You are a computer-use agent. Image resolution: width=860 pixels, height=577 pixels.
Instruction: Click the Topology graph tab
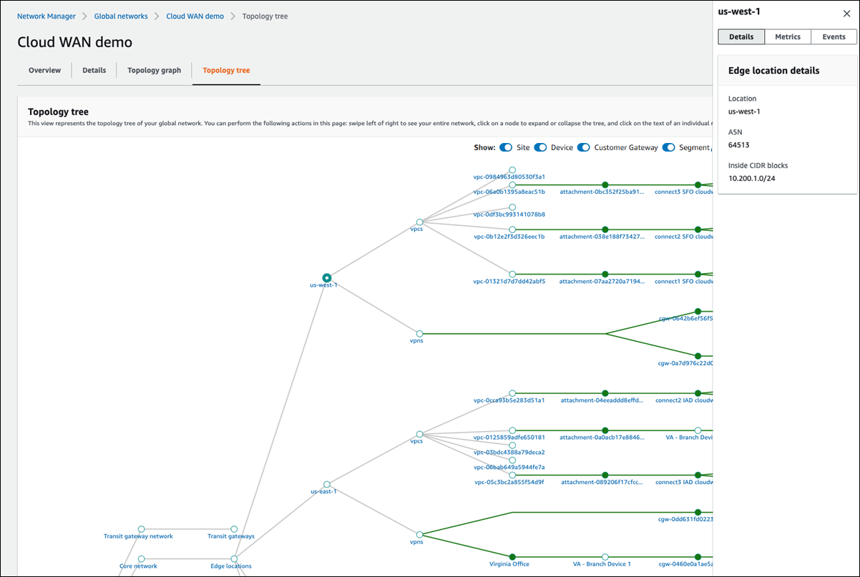tap(154, 70)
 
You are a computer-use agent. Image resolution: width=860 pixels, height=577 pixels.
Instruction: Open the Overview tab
tap(44, 70)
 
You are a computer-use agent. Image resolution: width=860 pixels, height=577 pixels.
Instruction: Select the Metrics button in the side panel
tap(787, 37)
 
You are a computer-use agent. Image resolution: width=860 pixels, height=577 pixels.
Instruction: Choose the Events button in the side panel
tap(834, 37)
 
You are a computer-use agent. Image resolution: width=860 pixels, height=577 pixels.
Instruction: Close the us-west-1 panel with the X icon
tap(846, 14)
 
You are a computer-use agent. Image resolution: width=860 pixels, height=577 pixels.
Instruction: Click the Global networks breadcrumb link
tap(121, 16)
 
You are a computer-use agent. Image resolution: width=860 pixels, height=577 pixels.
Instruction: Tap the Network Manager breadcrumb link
tap(47, 16)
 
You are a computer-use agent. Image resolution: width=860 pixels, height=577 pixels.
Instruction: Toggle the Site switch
tap(506, 148)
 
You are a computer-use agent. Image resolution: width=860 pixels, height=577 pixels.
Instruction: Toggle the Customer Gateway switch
tap(583, 148)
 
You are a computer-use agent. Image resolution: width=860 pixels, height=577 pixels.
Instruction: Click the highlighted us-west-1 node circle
tap(326, 277)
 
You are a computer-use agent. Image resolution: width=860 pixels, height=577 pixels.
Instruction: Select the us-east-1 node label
tap(323, 492)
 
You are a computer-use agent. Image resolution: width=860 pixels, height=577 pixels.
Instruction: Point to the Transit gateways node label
tap(230, 536)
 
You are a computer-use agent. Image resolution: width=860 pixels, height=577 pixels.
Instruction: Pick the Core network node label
tap(138, 566)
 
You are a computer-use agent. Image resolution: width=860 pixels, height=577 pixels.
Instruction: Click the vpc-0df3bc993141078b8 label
tap(509, 214)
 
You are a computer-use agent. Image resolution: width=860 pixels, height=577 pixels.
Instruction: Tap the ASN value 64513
tap(738, 144)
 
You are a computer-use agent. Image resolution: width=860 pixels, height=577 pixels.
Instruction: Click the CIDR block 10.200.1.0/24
tap(751, 178)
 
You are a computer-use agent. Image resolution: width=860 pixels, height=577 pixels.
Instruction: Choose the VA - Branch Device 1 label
tap(602, 564)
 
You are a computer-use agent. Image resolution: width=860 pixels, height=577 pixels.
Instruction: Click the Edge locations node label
tap(231, 566)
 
